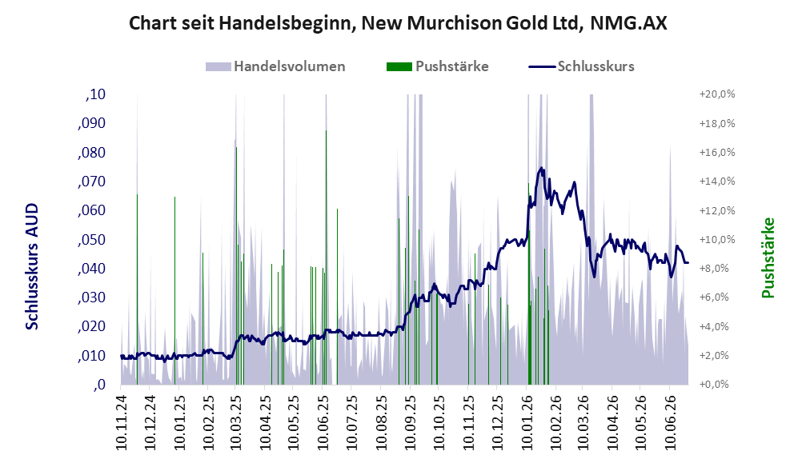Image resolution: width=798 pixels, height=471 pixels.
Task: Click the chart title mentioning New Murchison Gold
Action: pos(398,23)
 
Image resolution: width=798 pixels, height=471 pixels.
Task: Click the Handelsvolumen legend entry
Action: pos(275,66)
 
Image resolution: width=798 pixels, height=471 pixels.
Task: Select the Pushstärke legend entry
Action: pos(438,66)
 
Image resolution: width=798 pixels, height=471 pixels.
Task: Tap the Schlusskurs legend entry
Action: pos(581,66)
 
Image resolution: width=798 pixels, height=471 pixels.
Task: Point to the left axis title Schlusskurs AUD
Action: pos(31,266)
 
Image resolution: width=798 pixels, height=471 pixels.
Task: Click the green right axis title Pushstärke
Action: pos(768,257)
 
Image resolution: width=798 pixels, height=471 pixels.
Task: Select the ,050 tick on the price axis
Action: pos(91,240)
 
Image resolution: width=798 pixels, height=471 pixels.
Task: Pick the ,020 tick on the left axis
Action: pos(91,326)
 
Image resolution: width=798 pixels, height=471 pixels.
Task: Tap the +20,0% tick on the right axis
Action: pos(717,94)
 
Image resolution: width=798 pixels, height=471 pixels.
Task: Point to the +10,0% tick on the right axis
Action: pos(717,240)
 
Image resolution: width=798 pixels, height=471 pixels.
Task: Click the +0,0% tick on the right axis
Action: pos(714,385)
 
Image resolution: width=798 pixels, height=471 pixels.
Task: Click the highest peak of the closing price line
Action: pos(541,168)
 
